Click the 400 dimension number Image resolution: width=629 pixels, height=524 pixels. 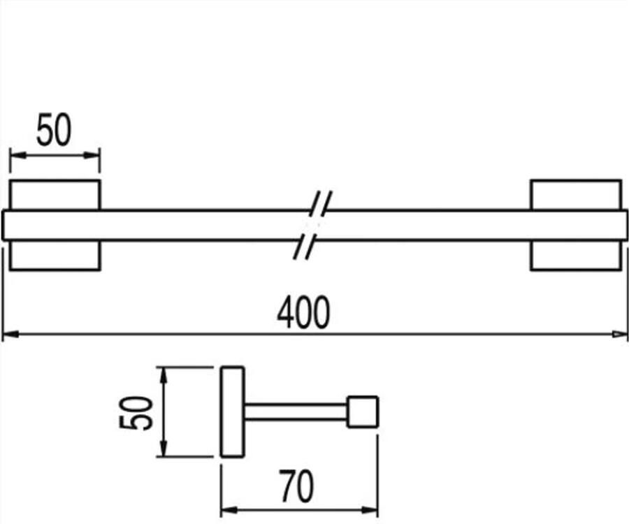point(303,313)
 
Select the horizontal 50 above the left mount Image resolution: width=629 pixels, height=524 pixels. point(54,131)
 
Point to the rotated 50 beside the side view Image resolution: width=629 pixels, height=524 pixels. point(136,412)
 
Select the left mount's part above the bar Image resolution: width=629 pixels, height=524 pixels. point(55,195)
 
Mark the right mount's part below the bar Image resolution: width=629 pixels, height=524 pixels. point(576,255)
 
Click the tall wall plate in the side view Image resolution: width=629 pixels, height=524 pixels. point(233,412)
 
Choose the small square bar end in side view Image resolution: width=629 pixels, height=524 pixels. point(363,412)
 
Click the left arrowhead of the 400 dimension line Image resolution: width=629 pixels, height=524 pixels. point(8,335)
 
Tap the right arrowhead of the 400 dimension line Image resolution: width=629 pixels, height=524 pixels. point(621,335)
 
